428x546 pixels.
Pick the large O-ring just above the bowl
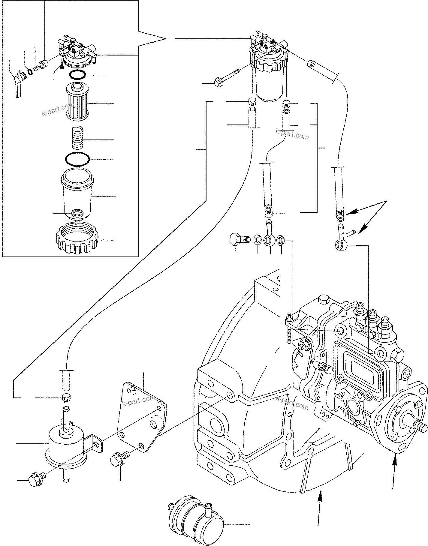pyautogui.click(x=77, y=159)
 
